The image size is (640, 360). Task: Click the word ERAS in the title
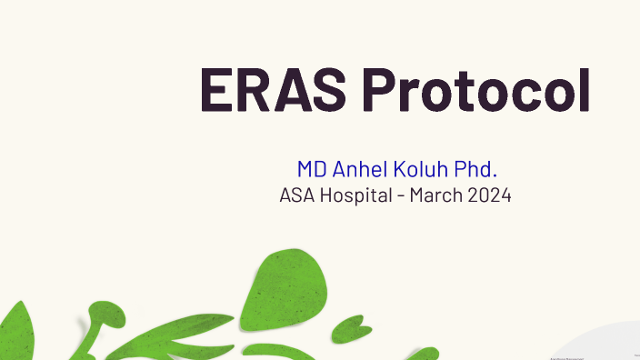tap(273, 89)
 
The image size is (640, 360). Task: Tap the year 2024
tap(490, 195)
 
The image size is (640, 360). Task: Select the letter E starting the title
tap(216, 89)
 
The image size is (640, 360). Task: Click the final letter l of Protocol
tap(585, 89)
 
